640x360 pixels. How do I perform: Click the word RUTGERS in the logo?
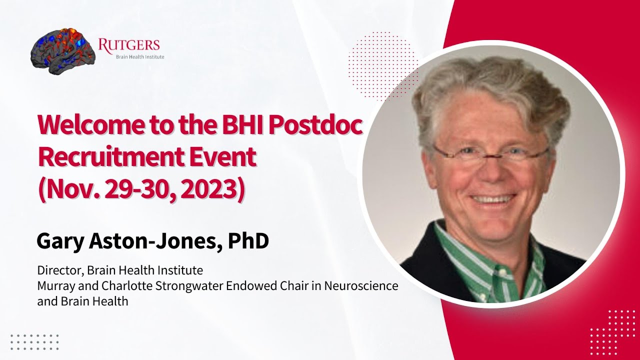coord(129,45)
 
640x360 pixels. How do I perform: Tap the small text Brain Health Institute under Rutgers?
coord(140,57)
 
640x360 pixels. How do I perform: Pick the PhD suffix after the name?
coord(248,241)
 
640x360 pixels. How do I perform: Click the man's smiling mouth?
coord(492,199)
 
